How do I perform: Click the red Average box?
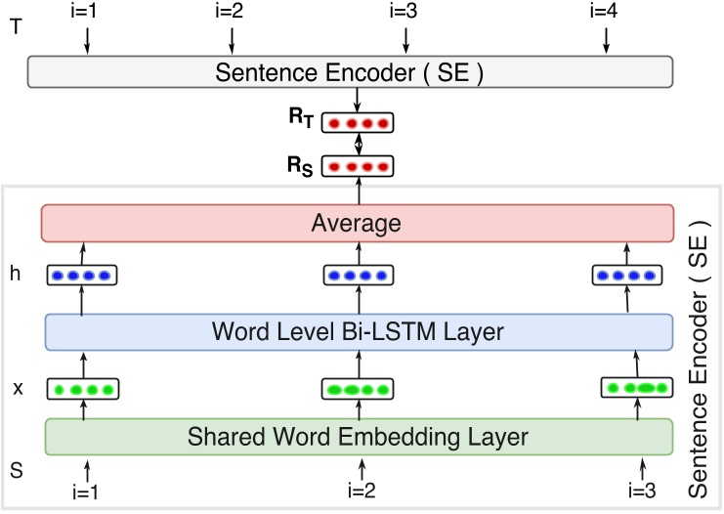(358, 223)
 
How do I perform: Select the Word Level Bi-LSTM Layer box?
(358, 332)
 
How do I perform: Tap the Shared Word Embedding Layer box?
(358, 436)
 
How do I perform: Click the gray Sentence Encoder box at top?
(350, 71)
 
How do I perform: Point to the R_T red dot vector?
(358, 123)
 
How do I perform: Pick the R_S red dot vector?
(358, 166)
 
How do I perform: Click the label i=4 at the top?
(606, 12)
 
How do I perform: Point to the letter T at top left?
(14, 26)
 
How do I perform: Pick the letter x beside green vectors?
(18, 388)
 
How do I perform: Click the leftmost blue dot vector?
(82, 276)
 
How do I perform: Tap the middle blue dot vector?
(358, 276)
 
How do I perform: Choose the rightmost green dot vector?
(636, 388)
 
